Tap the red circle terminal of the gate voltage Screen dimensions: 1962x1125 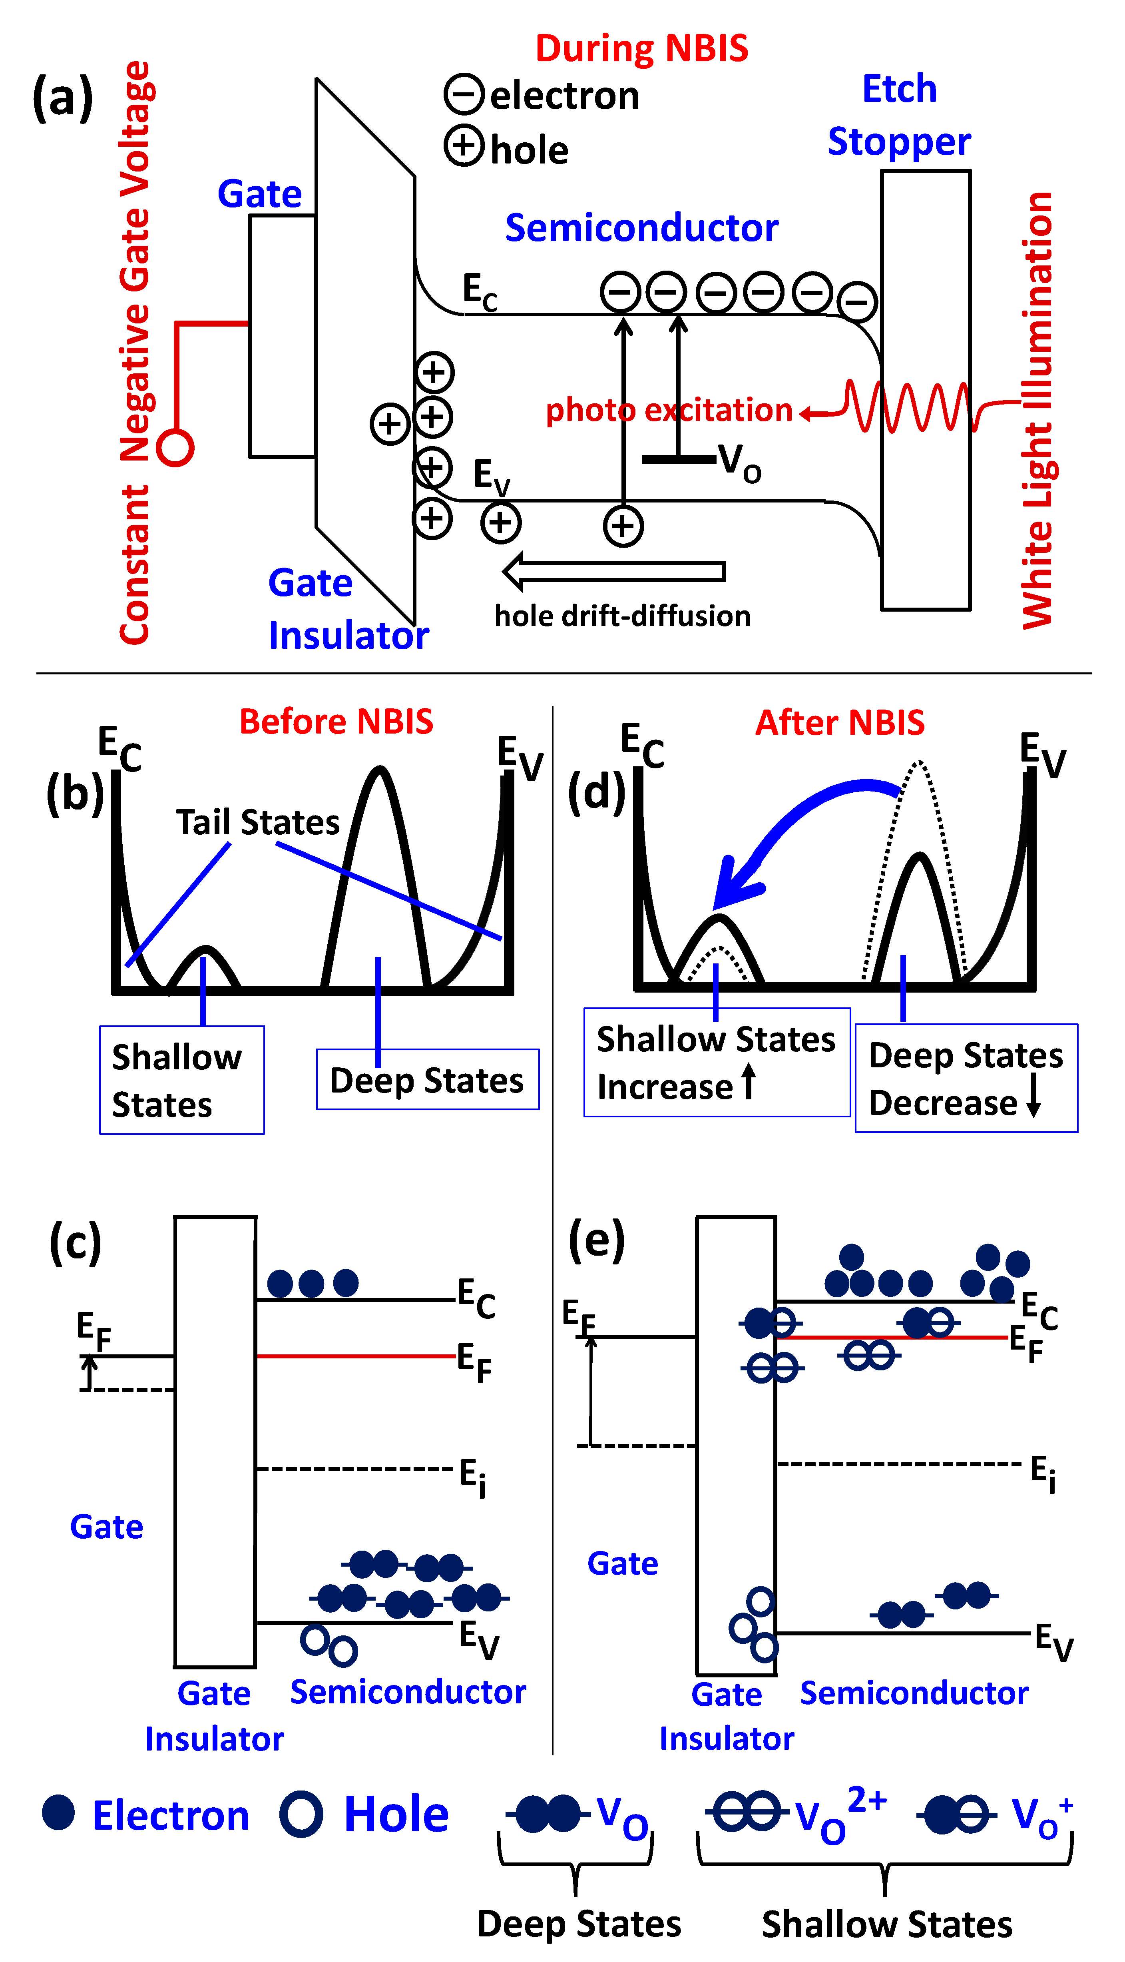click(175, 448)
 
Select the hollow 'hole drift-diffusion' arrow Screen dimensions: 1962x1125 click(614, 571)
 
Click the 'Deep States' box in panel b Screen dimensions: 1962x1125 click(427, 1079)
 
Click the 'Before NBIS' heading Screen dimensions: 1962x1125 click(336, 722)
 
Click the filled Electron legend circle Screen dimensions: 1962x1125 click(59, 1813)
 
